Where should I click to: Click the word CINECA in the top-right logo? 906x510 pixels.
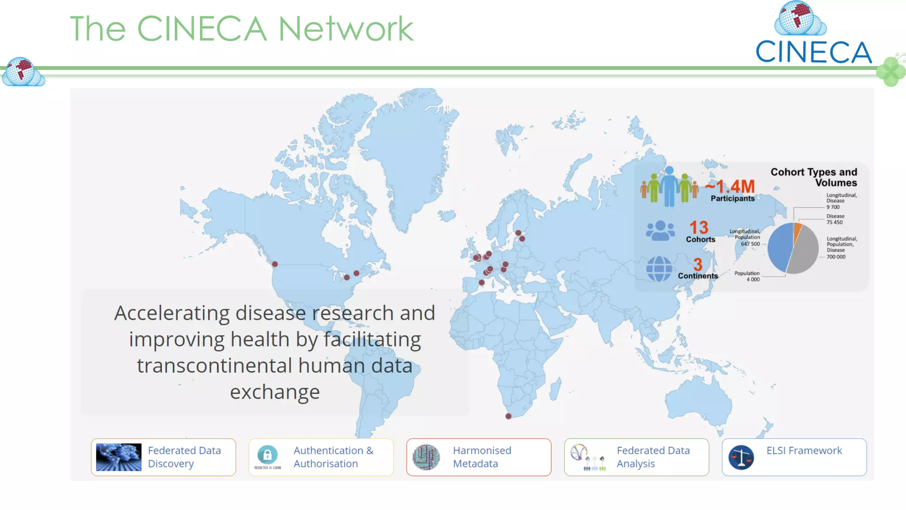[813, 52]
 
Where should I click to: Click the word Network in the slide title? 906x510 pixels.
[346, 29]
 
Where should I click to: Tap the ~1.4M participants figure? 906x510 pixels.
[730, 186]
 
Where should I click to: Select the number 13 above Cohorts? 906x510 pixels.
[699, 228]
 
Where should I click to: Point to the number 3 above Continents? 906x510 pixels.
[698, 265]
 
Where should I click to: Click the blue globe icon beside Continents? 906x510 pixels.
[659, 269]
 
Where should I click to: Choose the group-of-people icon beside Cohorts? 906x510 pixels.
[660, 231]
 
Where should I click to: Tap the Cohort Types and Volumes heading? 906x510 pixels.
[814, 177]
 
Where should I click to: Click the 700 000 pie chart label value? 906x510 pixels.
[836, 257]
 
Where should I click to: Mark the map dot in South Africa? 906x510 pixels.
[508, 416]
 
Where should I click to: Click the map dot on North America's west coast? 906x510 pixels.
[275, 264]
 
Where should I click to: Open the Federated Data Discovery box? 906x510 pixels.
[163, 457]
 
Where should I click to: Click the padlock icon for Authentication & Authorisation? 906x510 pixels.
[268, 455]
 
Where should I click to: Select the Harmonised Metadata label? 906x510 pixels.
[482, 457]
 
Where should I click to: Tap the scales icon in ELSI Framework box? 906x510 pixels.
[741, 457]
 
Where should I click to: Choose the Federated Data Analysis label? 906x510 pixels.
[653, 457]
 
